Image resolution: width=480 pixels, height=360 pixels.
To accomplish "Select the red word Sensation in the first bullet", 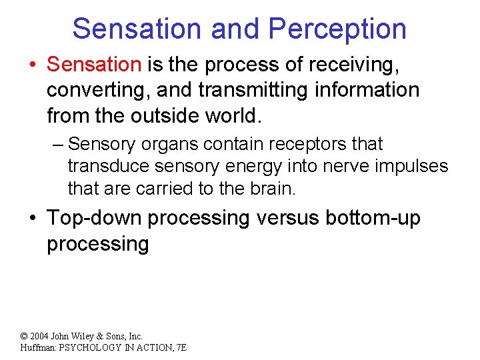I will pos(94,65).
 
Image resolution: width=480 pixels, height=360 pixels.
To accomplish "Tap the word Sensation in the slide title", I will pos(137,29).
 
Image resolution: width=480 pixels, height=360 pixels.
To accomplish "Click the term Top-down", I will pos(93,218).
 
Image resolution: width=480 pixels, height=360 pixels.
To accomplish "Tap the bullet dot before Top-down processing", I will pos(33,219).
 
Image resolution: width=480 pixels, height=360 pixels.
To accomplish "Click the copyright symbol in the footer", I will pos(24,337).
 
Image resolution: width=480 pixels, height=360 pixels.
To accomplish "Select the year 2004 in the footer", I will pos(39,337).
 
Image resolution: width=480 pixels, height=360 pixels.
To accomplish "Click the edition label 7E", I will pos(180,347).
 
